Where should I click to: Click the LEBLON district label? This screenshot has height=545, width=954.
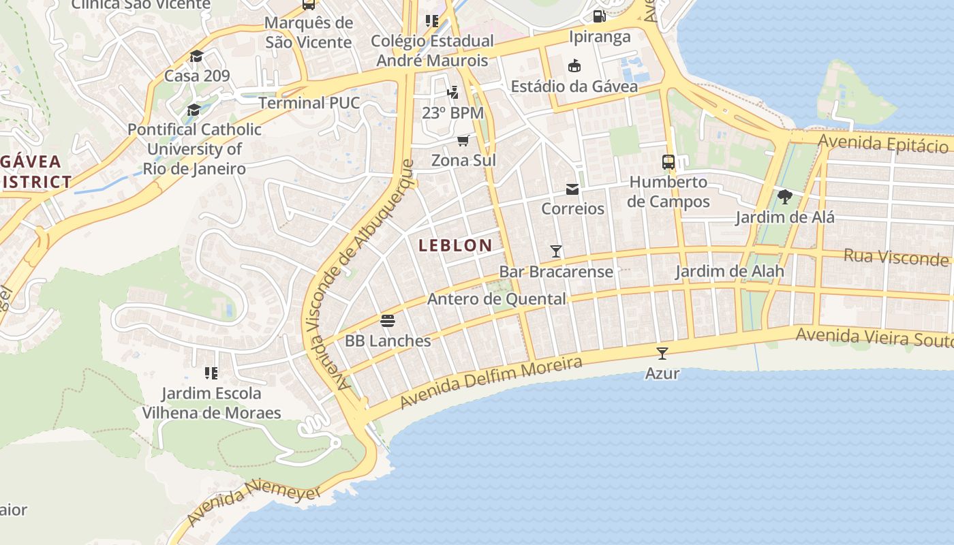(x=455, y=245)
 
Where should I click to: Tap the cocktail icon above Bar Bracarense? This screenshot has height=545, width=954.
(x=556, y=251)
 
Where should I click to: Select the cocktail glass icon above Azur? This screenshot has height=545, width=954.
(x=662, y=353)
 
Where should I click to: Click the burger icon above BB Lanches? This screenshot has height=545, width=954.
(x=388, y=320)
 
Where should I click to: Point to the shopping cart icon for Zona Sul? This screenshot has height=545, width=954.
(x=463, y=140)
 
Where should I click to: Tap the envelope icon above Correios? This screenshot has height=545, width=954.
(x=572, y=189)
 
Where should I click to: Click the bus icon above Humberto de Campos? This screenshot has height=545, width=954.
(x=668, y=162)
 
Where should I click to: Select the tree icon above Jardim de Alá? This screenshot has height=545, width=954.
(x=785, y=198)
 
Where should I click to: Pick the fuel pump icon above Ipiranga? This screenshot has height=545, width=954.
(x=600, y=16)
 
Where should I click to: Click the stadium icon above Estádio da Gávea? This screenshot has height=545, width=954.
(x=574, y=66)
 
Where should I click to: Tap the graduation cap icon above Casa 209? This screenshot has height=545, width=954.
(x=197, y=56)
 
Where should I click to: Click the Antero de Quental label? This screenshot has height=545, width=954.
(x=496, y=299)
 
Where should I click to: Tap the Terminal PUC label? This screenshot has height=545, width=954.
(x=309, y=103)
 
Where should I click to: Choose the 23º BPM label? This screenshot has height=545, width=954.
(x=452, y=113)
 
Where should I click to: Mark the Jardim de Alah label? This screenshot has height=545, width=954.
(x=729, y=271)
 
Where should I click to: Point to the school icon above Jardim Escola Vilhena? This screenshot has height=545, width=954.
(x=211, y=373)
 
